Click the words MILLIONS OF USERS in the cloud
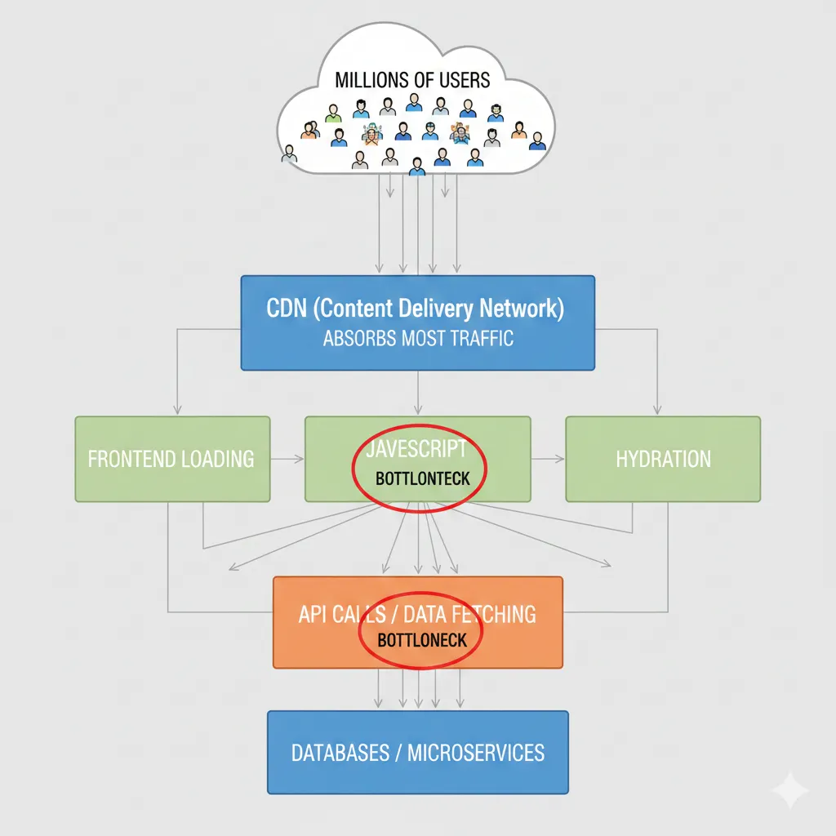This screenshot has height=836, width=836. pos(412,80)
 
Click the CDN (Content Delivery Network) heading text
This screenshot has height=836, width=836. pos(416,308)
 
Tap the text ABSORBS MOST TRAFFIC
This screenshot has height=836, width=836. pos(418,338)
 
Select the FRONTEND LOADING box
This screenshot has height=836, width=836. pos(173,459)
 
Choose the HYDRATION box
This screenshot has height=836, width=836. pos(663,459)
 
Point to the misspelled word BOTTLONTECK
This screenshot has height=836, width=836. pos(423,478)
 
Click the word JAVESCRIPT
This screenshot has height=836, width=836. pos(416,449)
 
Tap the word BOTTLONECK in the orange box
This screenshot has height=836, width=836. pos(422,640)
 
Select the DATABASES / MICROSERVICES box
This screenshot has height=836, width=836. pos(418,752)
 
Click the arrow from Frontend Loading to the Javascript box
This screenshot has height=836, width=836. pos(287,459)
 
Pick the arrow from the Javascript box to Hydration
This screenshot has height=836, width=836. pos(548,459)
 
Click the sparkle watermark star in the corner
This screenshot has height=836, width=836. pos(790,789)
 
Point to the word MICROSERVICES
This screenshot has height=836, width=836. pos(476,753)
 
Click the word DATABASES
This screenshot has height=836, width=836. pos(340,753)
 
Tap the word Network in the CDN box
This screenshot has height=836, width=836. pos(522,308)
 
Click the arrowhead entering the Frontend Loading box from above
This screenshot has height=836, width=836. pos(177,410)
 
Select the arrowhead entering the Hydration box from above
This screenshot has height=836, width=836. pos(657,410)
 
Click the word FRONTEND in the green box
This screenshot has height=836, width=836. pos(124,459)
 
